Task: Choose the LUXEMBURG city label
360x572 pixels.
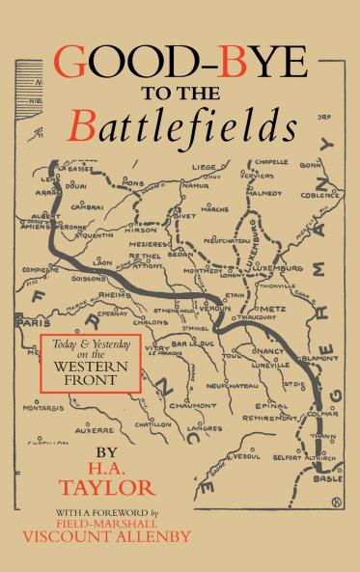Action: pyautogui.click(x=278, y=267)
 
